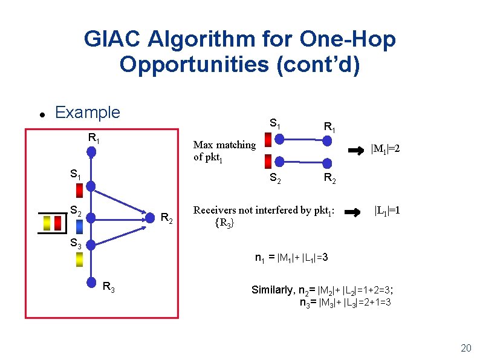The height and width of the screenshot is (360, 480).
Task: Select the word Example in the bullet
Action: [87, 113]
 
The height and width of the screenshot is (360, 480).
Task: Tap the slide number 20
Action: [465, 348]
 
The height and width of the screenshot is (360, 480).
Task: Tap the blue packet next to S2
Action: [80, 226]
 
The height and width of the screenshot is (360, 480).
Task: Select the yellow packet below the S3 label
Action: [79, 259]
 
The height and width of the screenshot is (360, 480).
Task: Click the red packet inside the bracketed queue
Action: [57, 223]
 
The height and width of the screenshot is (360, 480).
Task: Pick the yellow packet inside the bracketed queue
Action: [47, 223]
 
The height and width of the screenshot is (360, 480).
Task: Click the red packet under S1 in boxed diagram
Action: [79, 190]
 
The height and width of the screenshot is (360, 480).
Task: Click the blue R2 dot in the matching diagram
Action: [328, 162]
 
